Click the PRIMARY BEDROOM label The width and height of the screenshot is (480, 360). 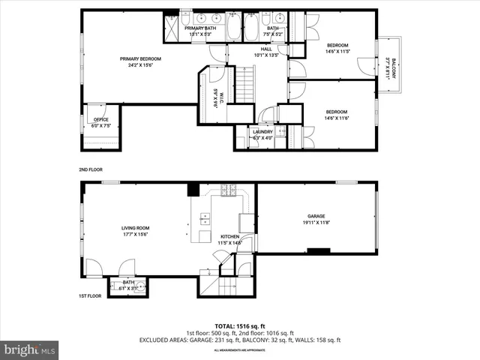pos(140,58)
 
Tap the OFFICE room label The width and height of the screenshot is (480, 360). pos(100,119)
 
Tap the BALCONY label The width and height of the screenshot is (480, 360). pos(390,70)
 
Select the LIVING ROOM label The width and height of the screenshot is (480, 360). pos(136,228)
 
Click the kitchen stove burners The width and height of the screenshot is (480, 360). pos(229,190)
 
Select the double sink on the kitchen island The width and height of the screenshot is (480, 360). pos(204,218)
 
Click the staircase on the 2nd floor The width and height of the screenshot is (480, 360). pos(246,83)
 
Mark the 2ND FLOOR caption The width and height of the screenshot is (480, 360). pos(90,169)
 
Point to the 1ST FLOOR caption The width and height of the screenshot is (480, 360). pos(90,296)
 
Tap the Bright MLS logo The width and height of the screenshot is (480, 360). pos(30,349)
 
